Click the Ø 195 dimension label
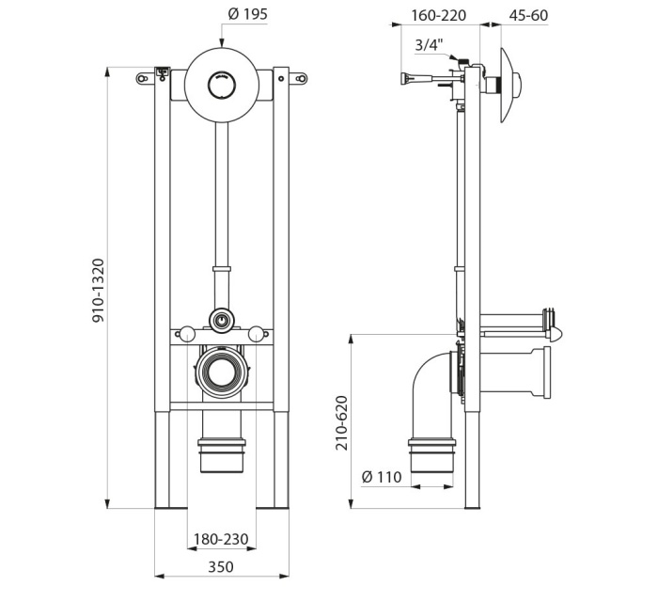247,14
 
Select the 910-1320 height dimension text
98,291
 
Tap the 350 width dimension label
221,567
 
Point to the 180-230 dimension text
221,539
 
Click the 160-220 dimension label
439,15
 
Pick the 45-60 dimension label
528,15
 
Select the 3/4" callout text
429,44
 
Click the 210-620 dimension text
342,422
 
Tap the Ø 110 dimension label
382,477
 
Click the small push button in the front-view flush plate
222,84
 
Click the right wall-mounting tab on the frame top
298,78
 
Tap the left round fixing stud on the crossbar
186,335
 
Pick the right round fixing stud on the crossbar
257,335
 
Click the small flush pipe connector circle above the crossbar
221,321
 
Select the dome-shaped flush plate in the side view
509,86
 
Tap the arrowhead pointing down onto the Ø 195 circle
222,42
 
